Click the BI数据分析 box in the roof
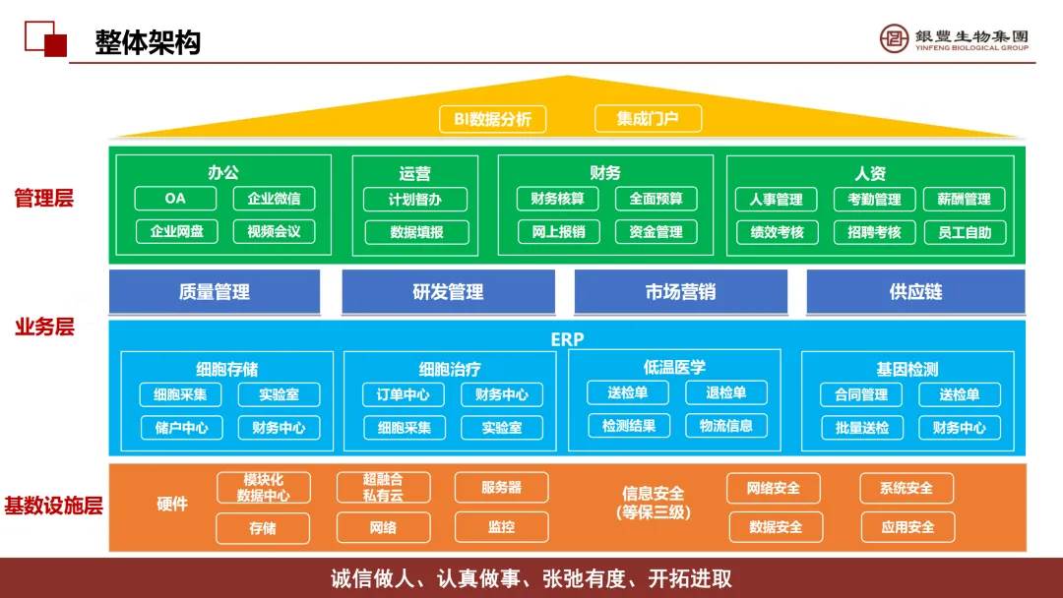click(x=492, y=119)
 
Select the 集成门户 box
click(x=648, y=119)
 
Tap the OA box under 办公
click(x=175, y=199)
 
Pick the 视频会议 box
click(x=274, y=232)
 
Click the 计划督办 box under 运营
click(x=415, y=200)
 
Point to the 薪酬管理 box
click(x=964, y=200)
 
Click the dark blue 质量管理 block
click(x=215, y=292)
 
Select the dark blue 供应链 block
click(x=915, y=292)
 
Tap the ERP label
click(x=567, y=339)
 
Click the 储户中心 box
click(x=181, y=428)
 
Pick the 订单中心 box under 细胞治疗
click(x=404, y=395)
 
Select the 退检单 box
click(x=726, y=393)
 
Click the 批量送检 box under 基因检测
click(x=862, y=428)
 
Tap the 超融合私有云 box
click(x=383, y=488)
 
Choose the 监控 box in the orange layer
click(x=501, y=527)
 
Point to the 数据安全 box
click(x=776, y=527)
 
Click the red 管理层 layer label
click(x=44, y=199)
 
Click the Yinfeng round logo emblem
click(x=895, y=38)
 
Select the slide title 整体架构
click(x=148, y=42)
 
